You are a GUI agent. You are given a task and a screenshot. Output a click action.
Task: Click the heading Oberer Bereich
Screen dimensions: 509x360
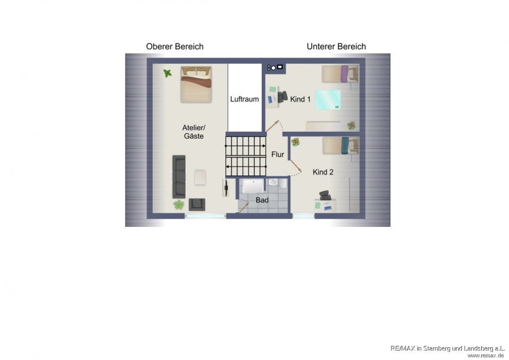tap(175, 46)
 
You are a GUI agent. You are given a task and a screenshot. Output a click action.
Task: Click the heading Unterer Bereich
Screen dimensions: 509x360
tap(336, 46)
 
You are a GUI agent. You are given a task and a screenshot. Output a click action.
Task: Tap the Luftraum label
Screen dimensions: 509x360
tap(245, 99)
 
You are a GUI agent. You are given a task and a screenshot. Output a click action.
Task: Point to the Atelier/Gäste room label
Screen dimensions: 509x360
tap(194, 132)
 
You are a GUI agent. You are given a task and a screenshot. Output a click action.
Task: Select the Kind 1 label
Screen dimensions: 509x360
tap(300, 99)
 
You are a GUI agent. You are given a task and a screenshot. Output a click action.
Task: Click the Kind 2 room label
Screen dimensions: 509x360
tap(323, 172)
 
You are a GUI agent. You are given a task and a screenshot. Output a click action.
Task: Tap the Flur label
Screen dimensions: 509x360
tap(278, 155)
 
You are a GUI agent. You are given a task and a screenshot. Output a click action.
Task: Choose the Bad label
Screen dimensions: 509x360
tap(262, 200)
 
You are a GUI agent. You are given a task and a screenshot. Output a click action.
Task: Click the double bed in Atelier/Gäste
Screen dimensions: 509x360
tap(196, 85)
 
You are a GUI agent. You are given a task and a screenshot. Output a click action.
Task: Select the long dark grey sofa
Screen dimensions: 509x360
tap(179, 177)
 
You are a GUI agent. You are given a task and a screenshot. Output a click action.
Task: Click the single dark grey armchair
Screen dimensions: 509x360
tap(197, 204)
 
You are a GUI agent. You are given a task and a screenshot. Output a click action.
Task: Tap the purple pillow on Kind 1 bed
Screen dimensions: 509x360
tap(345, 74)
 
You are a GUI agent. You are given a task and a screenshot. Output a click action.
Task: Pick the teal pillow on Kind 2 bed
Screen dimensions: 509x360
tap(345, 145)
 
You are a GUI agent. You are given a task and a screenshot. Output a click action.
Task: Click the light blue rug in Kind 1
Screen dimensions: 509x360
tap(328, 100)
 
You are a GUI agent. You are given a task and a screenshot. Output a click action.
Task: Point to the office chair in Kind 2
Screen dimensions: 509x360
tap(325, 195)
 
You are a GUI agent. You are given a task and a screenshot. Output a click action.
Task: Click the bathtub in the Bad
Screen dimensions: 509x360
tap(253, 186)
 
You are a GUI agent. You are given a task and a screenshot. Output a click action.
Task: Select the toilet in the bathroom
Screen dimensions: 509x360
tap(283, 184)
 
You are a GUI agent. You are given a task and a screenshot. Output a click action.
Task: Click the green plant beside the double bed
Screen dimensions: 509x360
tap(168, 74)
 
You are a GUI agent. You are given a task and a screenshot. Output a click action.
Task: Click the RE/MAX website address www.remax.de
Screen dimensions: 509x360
tap(486, 356)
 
